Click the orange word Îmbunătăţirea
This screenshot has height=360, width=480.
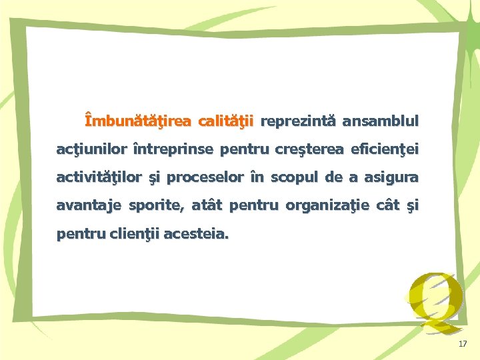click(137, 121)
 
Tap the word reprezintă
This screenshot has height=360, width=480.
click(299, 121)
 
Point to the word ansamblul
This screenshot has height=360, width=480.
click(381, 121)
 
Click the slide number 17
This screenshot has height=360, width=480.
click(463, 344)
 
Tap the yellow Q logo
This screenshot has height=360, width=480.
click(435, 301)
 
